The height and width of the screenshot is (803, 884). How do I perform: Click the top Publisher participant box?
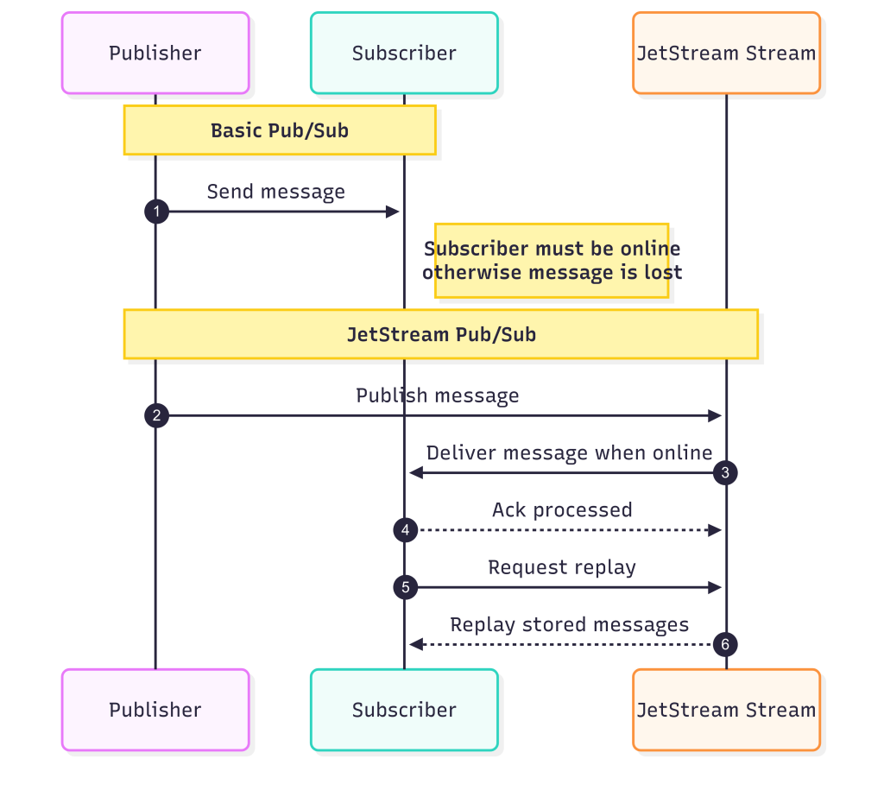(155, 53)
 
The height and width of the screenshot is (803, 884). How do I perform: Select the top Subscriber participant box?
(404, 53)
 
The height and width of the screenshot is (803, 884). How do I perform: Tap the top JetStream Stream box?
(726, 53)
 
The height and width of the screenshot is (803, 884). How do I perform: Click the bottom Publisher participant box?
(155, 710)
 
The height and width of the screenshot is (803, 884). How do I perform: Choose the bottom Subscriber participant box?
(404, 710)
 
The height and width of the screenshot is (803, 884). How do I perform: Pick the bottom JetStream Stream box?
(726, 710)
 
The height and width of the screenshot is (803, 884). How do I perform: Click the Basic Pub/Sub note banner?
(280, 130)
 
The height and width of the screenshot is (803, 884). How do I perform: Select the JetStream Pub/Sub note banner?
(441, 334)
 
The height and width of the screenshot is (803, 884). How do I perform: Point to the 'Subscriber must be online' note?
(552, 261)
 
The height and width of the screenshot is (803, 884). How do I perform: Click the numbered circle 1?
(156, 212)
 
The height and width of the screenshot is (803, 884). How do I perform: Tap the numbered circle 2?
(156, 416)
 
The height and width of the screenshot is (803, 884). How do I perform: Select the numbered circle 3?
(725, 473)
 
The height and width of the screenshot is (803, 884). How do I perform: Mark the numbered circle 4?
(405, 530)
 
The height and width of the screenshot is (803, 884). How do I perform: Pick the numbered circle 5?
(405, 588)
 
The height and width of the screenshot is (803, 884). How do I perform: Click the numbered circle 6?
(725, 644)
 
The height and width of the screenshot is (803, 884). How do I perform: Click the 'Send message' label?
(275, 192)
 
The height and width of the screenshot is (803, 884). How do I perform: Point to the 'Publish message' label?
(438, 395)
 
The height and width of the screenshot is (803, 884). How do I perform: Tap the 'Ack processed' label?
(562, 510)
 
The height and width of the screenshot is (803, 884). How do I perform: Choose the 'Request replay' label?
(562, 567)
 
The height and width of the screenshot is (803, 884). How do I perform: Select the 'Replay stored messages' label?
(570, 624)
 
